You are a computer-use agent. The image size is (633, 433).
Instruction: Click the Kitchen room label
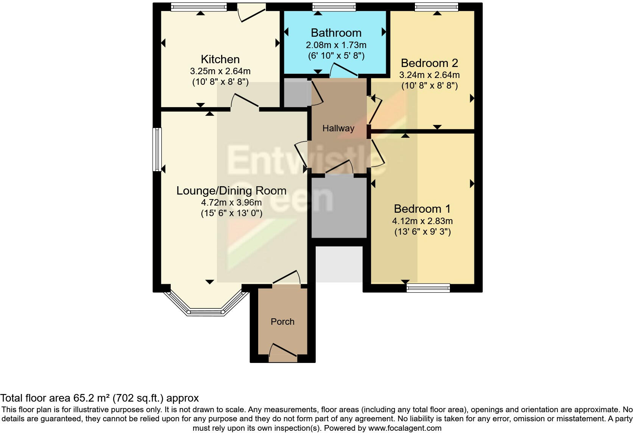click(x=220, y=59)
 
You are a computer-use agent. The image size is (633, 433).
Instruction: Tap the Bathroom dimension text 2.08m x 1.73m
click(x=336, y=45)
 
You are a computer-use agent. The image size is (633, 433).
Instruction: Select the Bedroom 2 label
click(x=429, y=63)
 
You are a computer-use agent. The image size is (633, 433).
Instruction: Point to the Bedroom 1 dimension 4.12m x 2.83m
click(x=422, y=221)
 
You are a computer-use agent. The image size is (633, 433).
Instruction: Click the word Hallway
click(x=338, y=128)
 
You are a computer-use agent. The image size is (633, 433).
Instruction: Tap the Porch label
click(x=282, y=322)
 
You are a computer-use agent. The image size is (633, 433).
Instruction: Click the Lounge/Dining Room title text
click(x=231, y=190)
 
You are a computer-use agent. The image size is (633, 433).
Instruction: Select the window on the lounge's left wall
click(x=157, y=150)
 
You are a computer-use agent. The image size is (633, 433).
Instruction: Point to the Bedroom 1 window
click(x=428, y=288)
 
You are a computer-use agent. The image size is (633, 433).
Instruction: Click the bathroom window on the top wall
click(x=334, y=7)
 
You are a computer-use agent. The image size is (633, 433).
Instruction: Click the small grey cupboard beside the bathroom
click(x=297, y=93)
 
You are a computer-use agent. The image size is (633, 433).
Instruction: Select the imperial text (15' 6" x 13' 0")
click(x=231, y=213)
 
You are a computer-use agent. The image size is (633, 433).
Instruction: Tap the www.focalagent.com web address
click(x=405, y=428)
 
